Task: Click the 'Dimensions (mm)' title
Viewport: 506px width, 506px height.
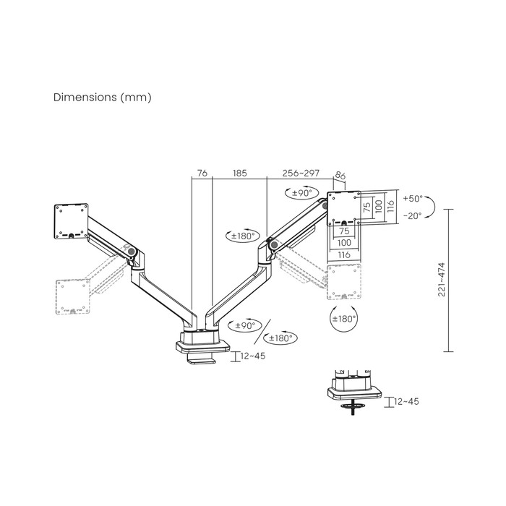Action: [103, 97]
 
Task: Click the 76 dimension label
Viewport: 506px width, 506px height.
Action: [202, 173]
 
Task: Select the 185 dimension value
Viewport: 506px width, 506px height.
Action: [240, 173]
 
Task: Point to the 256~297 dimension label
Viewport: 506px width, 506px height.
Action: [301, 173]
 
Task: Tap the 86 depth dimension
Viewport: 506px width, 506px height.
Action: [341, 175]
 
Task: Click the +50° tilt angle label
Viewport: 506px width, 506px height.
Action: [413, 198]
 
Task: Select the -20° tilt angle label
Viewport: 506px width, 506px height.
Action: [413, 215]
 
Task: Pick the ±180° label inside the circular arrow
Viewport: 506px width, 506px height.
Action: [343, 318]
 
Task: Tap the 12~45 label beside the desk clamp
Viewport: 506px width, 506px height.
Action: [251, 355]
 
